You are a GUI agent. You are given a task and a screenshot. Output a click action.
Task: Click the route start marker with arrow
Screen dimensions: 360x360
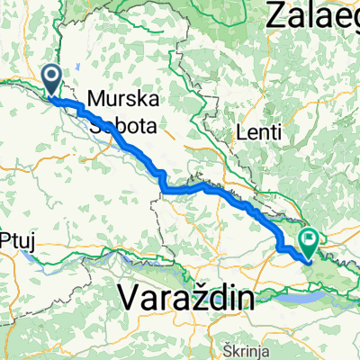(51, 79)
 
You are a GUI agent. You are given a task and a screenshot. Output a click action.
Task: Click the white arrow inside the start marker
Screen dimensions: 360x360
(51, 77)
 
